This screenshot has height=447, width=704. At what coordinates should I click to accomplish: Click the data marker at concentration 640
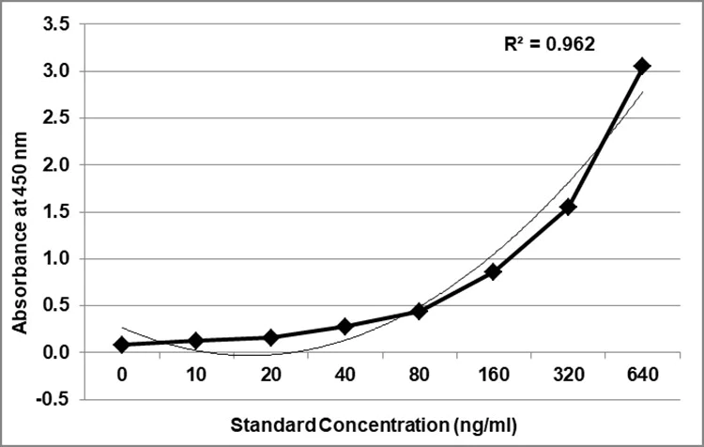(642, 66)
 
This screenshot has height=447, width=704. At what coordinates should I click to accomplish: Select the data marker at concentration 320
(568, 207)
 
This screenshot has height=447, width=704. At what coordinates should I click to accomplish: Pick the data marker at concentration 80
(420, 311)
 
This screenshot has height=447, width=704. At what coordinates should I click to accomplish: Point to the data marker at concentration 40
(344, 326)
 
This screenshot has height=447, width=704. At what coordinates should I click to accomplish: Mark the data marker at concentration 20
(270, 337)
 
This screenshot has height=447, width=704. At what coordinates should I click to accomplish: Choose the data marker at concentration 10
(196, 341)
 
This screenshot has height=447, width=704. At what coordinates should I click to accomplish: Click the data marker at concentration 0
(122, 345)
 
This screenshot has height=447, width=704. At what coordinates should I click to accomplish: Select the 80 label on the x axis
(420, 374)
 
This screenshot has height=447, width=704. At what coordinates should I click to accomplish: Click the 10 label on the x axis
(196, 374)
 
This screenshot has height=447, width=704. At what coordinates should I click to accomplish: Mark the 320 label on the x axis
(568, 374)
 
